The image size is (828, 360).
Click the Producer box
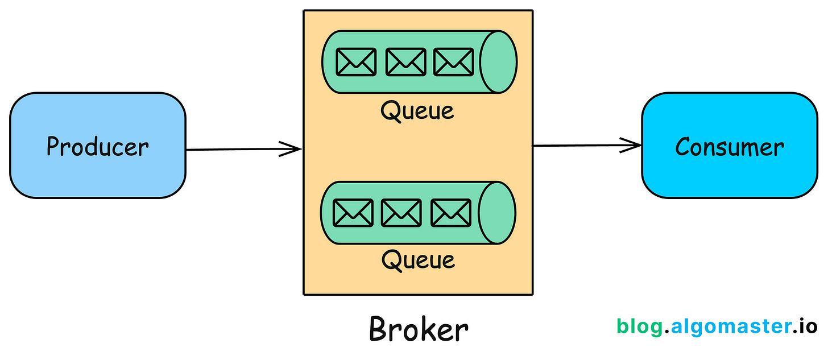coord(97,146)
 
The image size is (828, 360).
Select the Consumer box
coord(729,146)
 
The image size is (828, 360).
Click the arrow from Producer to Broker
coord(239,150)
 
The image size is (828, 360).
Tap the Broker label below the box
coord(419,329)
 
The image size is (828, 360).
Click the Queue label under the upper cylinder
coord(417,110)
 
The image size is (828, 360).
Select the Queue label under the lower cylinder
coord(417,260)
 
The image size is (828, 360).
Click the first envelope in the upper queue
coord(355,61)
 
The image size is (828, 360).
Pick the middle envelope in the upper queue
coord(405,61)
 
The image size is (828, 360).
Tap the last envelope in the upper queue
coord(453,61)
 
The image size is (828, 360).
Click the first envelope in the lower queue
coord(353,213)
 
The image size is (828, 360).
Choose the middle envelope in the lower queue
coord(401,213)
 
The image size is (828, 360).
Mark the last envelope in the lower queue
coord(451,213)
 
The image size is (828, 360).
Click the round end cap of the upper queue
coord(498,61)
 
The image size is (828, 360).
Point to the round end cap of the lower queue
coord(497,213)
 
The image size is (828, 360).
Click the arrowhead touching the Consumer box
coord(632,145)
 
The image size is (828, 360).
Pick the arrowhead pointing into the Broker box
coord(291,150)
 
